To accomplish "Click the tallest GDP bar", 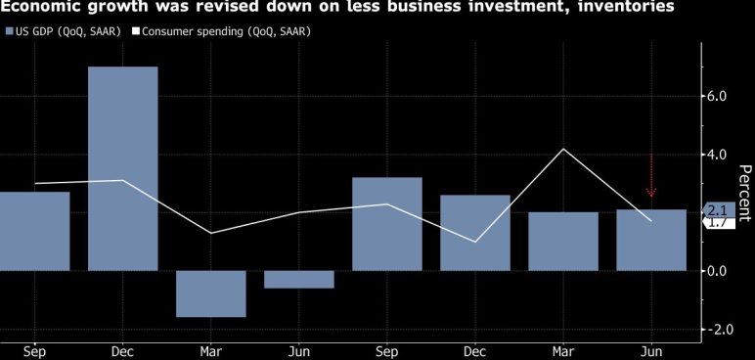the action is click(123, 168).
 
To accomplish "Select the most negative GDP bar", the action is click(211, 294).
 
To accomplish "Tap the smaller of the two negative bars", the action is click(299, 280).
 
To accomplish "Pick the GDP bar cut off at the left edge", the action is click(34, 231).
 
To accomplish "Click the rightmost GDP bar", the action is click(651, 240).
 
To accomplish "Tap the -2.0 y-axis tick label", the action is click(717, 329).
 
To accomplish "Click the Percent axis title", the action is click(745, 194).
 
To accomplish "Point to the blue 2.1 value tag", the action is click(720, 210).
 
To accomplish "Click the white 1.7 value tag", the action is click(720, 223).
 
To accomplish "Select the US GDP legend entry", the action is click(63, 32).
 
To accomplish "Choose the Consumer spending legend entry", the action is click(222, 32).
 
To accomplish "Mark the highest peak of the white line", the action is click(563, 149).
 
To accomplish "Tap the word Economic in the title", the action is click(35, 7).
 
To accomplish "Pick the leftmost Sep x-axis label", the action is click(34, 352).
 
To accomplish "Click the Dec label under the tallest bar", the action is click(123, 352).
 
